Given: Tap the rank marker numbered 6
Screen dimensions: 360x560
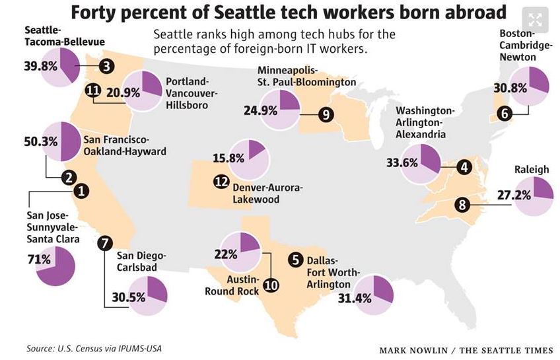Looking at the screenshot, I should click(505, 113).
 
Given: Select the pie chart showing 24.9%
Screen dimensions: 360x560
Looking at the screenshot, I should click(281, 109).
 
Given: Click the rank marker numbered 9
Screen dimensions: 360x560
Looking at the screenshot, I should click(325, 114).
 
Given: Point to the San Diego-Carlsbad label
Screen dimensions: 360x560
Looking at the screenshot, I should click(141, 262).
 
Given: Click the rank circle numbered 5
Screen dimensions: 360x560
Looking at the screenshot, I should click(297, 260).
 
